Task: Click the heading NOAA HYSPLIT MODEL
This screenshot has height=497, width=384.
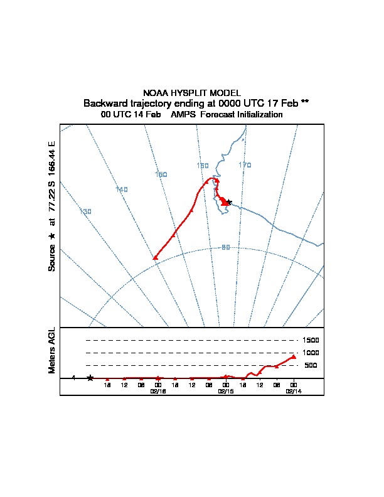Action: pos(191,92)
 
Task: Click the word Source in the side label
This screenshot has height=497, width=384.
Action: pos(53,257)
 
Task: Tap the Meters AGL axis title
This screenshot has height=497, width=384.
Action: pos(53,350)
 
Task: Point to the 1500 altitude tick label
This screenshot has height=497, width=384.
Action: pos(311,340)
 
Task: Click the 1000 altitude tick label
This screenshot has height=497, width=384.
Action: pos(311,353)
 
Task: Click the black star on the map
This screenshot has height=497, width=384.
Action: pos(229,202)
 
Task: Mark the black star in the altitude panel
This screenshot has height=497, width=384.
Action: pos(90,378)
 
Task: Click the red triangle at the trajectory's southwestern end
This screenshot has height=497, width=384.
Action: pos(155,257)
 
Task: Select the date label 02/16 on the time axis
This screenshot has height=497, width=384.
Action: pos(158,390)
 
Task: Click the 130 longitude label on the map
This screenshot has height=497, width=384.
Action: pos(86,211)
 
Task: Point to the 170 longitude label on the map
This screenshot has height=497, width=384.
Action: pos(245,165)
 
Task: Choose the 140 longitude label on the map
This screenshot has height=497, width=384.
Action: pos(122,190)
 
